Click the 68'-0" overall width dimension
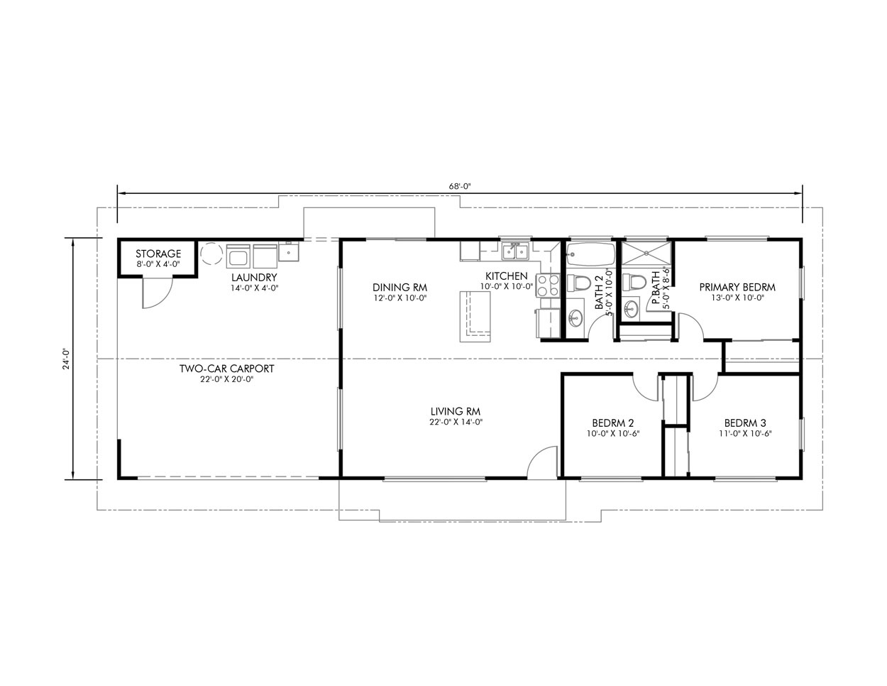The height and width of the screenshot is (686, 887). point(460,186)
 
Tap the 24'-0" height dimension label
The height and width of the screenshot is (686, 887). point(66,358)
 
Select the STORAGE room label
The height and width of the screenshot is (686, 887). point(158,254)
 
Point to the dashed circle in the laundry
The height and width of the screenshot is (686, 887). point(211,254)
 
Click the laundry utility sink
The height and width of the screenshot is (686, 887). point(289,251)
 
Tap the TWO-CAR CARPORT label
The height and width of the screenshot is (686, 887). point(227,369)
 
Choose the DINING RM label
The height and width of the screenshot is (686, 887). point(400,287)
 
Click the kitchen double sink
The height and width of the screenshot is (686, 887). point(516,251)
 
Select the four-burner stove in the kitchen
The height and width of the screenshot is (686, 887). point(548,285)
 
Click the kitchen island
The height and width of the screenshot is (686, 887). point(475,317)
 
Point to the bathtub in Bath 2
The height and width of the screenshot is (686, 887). point(590,254)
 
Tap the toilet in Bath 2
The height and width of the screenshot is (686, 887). point(579,283)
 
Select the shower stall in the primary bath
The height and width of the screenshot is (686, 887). point(646,254)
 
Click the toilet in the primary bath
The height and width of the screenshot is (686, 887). point(634,282)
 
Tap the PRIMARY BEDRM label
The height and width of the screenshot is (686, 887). point(737,287)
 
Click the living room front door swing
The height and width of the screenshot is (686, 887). point(542,462)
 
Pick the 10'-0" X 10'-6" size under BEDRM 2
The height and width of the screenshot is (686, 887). point(613,434)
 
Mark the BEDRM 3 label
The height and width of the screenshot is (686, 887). point(745,423)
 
